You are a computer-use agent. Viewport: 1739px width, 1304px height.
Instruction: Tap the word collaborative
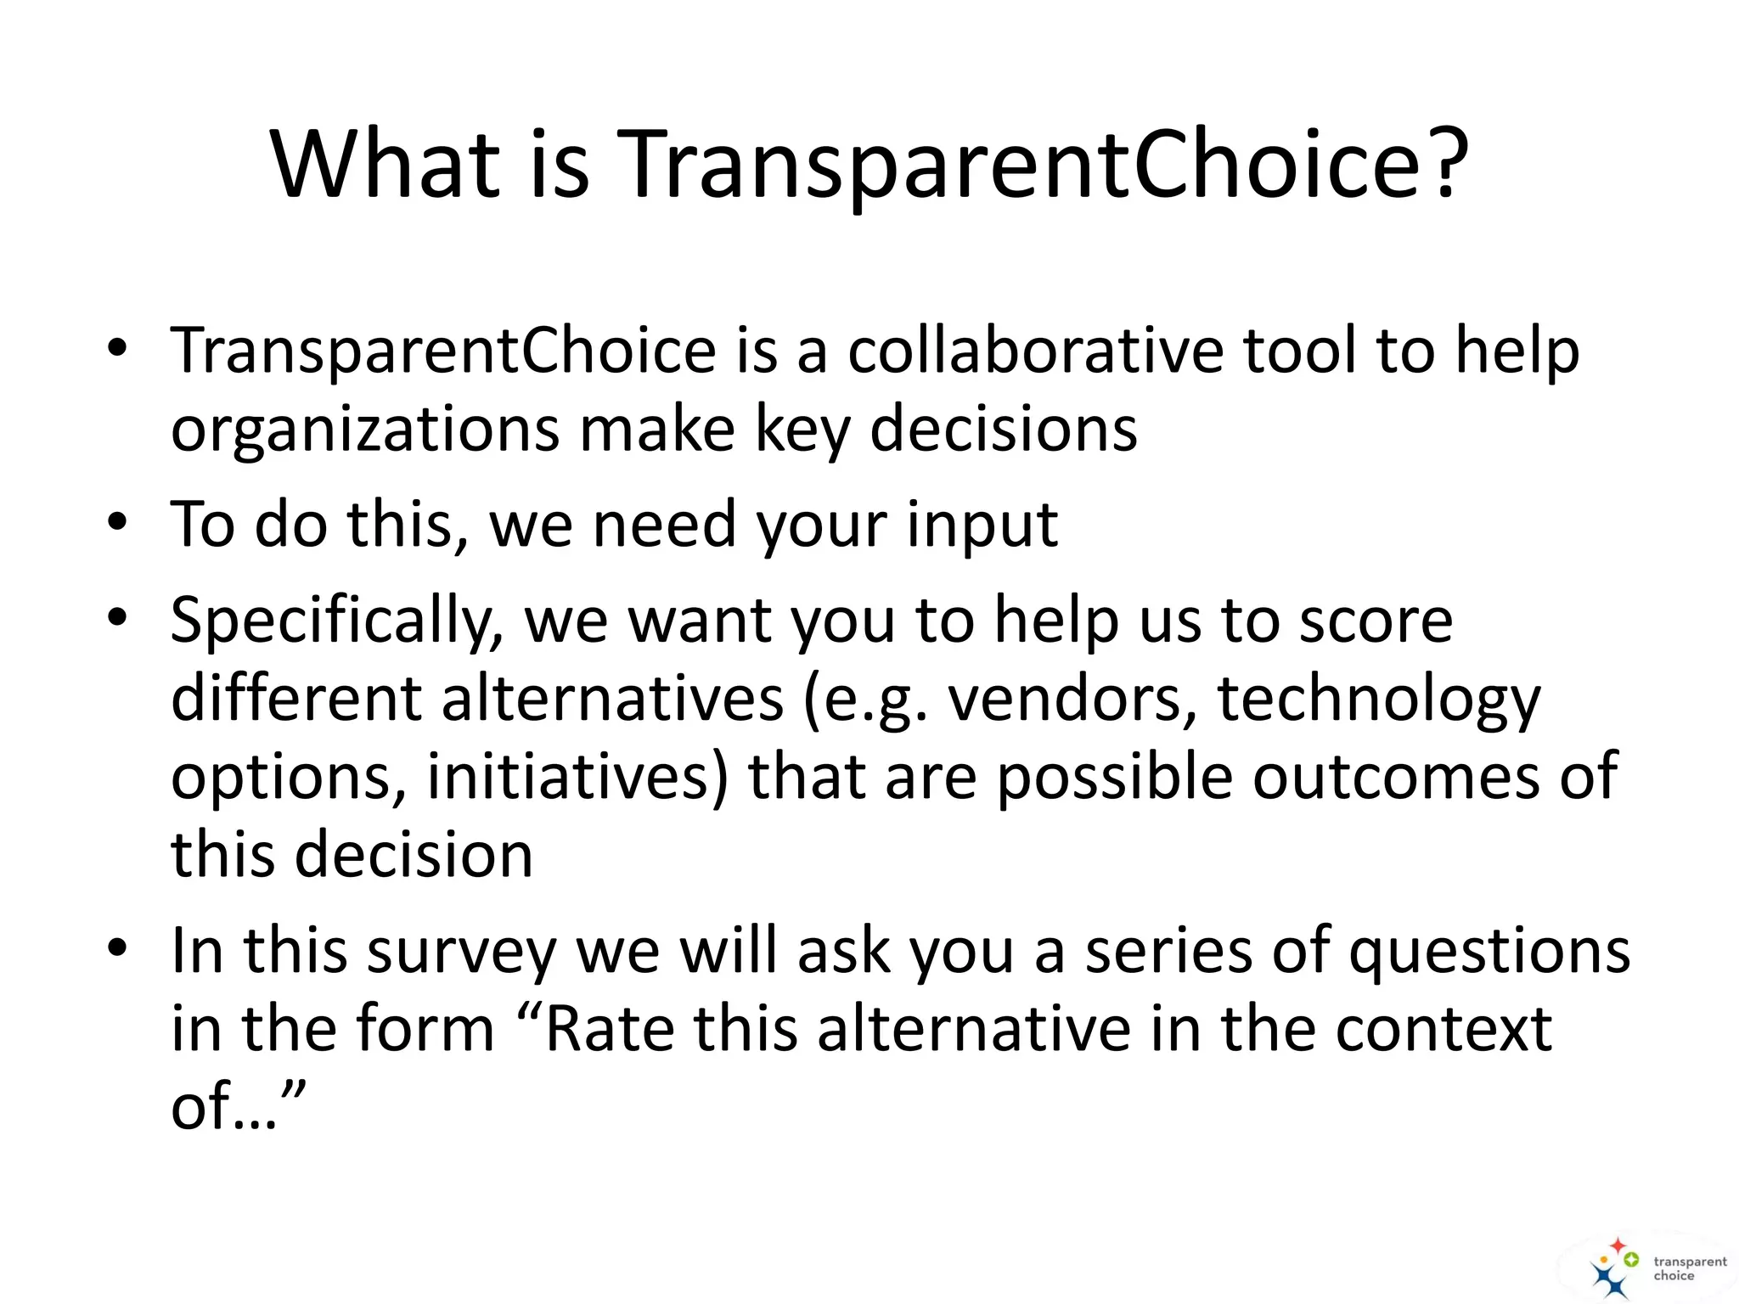[x=1035, y=351]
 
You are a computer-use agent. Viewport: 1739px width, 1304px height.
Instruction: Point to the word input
[x=982, y=525]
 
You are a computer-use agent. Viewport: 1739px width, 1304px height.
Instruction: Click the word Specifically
[x=337, y=621]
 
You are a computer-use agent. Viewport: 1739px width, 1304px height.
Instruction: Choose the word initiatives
[x=577, y=777]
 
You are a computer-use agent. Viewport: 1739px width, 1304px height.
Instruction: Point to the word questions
[x=1489, y=951]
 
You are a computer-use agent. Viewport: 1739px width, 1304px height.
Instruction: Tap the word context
[x=1444, y=1029]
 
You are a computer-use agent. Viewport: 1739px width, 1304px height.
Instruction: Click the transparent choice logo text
[x=1689, y=1268]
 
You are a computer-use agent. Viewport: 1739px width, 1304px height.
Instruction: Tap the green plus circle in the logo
[x=1630, y=1260]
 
